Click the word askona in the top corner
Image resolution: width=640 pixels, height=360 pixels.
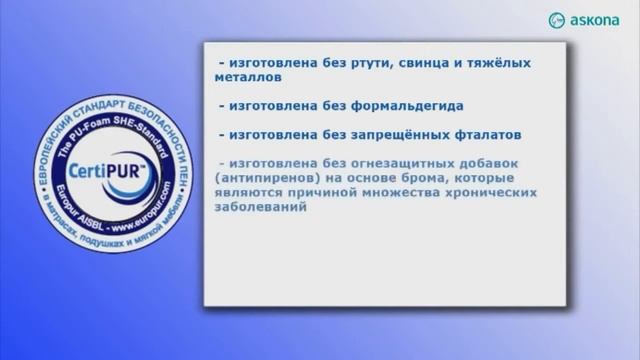pyautogui.click(x=598, y=20)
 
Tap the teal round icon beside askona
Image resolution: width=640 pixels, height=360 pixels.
pyautogui.click(x=557, y=20)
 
